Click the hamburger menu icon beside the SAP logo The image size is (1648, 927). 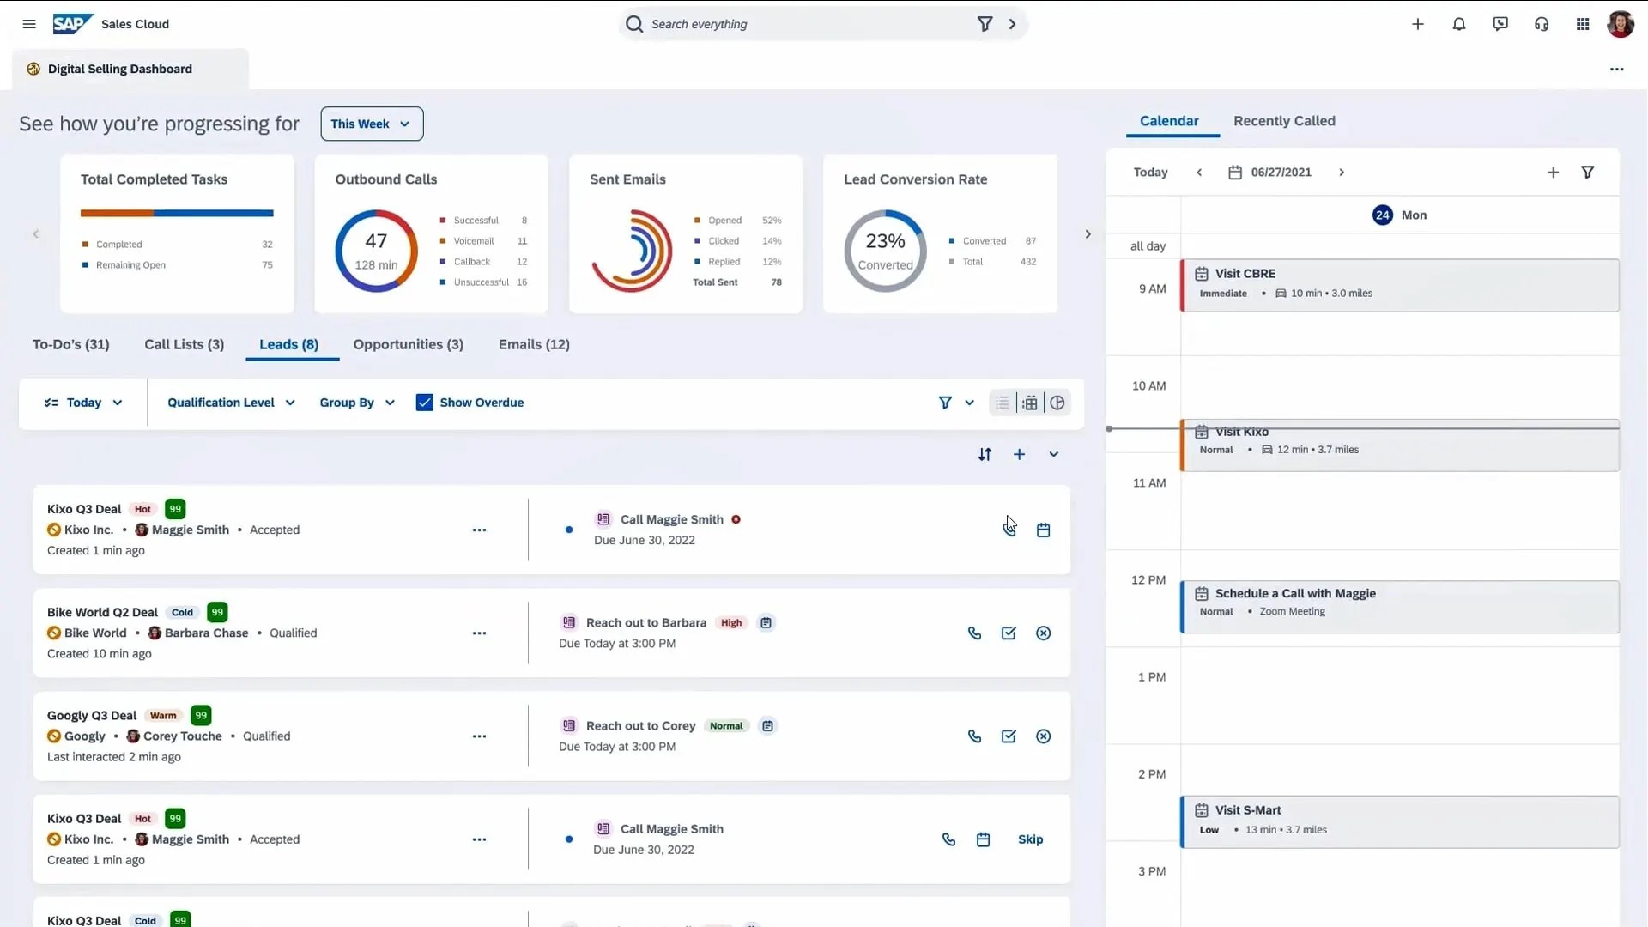tap(29, 24)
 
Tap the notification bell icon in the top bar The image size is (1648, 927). tap(1459, 24)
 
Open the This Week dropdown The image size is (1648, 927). tap(372, 124)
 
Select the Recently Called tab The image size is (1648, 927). tap(1284, 121)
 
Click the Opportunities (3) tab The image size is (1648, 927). tap(408, 344)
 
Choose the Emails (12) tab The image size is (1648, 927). tap(534, 344)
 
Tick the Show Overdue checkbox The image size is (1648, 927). tap(424, 403)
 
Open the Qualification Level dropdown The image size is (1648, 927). tap(231, 403)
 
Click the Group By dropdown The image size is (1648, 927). tap(357, 403)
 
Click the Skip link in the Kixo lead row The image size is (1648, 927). tap(1030, 839)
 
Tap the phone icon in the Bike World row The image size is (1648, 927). tap(974, 633)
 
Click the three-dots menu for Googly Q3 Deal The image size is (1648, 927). tap(479, 736)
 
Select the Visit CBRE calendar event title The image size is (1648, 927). tap(1245, 274)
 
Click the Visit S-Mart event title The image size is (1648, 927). tap(1248, 810)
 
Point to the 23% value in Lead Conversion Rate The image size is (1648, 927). tap(885, 241)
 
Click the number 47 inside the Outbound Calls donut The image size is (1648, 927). tap(376, 241)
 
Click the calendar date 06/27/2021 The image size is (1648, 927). tap(1281, 173)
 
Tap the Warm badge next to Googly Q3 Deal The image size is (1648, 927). tap(163, 716)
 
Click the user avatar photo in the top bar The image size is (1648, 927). tap(1620, 24)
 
